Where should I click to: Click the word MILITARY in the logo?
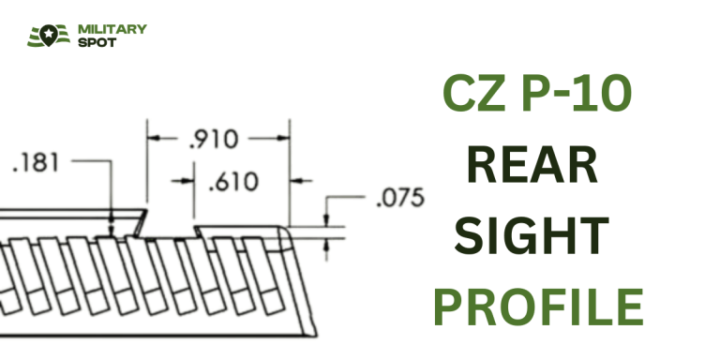pyautogui.click(x=112, y=29)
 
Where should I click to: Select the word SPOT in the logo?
pyautogui.click(x=98, y=43)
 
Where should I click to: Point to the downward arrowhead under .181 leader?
pyautogui.click(x=112, y=225)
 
